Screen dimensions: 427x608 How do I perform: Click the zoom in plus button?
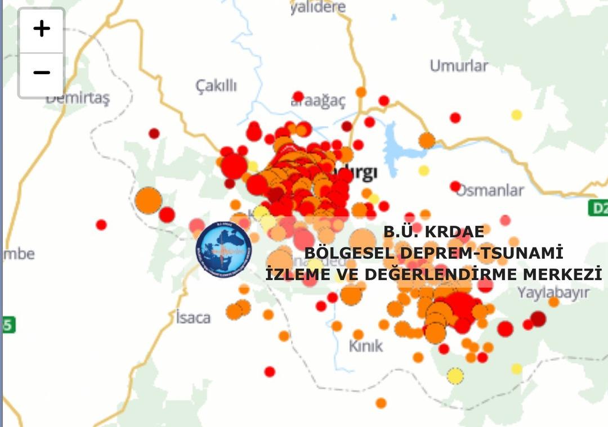[41, 29]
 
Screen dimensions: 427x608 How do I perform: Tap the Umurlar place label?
[459, 66]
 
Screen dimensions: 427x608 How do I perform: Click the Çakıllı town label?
[216, 86]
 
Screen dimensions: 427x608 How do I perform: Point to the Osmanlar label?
[490, 190]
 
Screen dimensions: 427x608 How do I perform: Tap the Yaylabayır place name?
[553, 293]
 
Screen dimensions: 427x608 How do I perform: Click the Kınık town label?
[366, 345]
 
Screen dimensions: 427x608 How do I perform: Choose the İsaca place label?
[193, 317]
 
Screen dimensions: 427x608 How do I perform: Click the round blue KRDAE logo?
[223, 249]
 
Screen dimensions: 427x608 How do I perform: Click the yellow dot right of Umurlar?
[516, 115]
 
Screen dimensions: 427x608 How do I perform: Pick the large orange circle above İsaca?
[149, 200]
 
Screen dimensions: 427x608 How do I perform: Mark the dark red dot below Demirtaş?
[154, 133]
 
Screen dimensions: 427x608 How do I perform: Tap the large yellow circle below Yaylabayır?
[455, 375]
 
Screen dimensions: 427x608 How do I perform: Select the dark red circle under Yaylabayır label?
[538, 319]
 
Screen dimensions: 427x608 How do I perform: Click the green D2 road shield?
[598, 208]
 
